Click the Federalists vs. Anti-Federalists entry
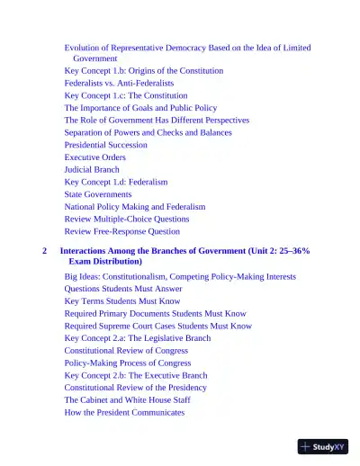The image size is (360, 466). (x=126, y=83)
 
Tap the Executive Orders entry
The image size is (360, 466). (x=94, y=157)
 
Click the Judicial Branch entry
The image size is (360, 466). (x=91, y=169)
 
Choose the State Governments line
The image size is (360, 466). (x=98, y=194)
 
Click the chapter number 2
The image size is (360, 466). (x=44, y=251)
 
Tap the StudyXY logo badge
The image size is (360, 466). (x=322, y=445)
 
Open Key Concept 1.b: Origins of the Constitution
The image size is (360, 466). (x=144, y=70)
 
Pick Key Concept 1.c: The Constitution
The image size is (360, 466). (x=126, y=95)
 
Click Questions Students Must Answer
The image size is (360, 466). (x=123, y=289)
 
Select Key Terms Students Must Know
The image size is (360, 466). (x=122, y=301)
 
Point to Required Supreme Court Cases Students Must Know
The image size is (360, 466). (x=158, y=327)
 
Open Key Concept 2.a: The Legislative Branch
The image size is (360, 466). (x=138, y=338)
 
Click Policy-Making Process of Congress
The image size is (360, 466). (x=128, y=363)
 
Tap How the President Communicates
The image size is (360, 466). (x=124, y=413)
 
